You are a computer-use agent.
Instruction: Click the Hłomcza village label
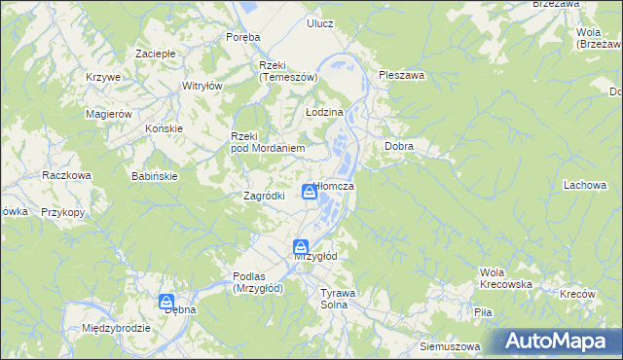click(337, 186)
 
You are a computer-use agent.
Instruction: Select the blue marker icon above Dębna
click(167, 303)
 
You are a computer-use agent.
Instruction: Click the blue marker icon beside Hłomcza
click(310, 192)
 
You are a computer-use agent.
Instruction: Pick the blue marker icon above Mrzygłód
click(301, 247)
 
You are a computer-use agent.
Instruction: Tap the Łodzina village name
click(325, 113)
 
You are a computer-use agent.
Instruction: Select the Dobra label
click(399, 147)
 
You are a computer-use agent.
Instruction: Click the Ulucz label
click(319, 22)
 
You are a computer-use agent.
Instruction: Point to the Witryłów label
click(202, 86)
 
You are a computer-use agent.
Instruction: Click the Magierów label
click(108, 114)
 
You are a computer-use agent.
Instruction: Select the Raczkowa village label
click(66, 175)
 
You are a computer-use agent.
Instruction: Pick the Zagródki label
click(263, 196)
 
